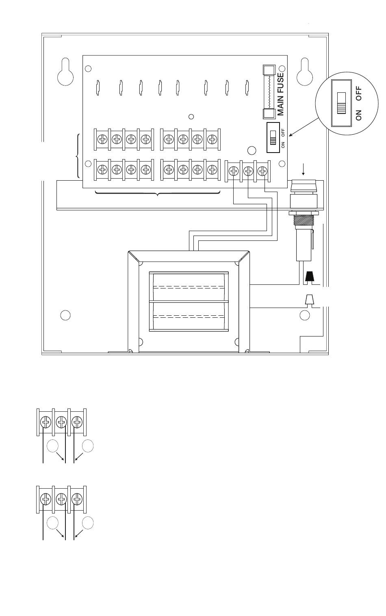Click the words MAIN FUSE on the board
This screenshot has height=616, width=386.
(281, 94)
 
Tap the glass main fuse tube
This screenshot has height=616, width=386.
(269, 92)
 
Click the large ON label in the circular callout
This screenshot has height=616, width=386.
(358, 115)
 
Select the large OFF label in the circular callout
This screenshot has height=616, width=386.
(358, 94)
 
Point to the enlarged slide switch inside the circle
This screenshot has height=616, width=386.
(341, 103)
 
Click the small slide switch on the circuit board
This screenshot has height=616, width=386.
(273, 137)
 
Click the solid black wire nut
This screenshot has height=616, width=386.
(309, 277)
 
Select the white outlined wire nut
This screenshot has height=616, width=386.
(309, 300)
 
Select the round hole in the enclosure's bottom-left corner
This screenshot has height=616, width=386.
(65, 315)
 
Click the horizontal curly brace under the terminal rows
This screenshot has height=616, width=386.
(158, 194)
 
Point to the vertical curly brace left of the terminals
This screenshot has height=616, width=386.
(78, 156)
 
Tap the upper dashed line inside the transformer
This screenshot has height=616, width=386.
(189, 287)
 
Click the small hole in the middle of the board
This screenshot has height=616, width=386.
(191, 117)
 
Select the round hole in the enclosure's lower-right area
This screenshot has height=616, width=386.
(305, 315)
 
